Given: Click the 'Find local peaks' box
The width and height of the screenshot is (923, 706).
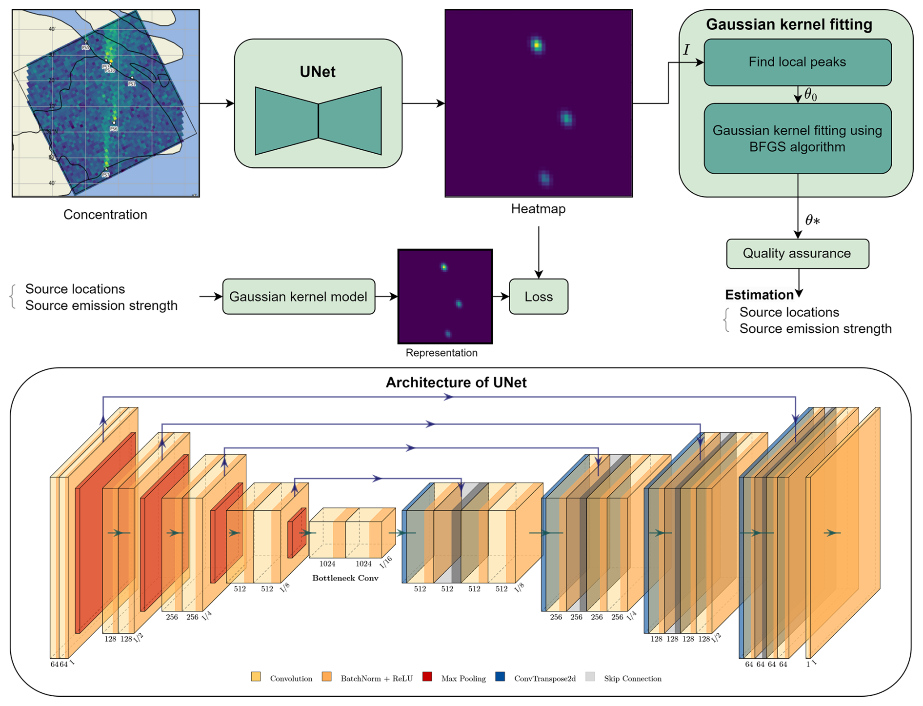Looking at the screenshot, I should pyautogui.click(x=797, y=62).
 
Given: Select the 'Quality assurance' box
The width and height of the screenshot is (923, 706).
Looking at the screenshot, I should pyautogui.click(x=797, y=254).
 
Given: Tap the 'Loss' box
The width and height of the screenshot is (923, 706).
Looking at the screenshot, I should pyautogui.click(x=539, y=297).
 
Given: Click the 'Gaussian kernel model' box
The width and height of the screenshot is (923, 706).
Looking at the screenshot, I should pyautogui.click(x=299, y=297).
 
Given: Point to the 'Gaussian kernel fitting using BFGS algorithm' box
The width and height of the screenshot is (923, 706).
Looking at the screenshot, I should pyautogui.click(x=797, y=139).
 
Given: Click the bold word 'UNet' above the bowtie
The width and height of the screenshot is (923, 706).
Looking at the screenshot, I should pyautogui.click(x=318, y=72).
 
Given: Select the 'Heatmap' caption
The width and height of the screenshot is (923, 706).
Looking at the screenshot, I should pyautogui.click(x=538, y=209).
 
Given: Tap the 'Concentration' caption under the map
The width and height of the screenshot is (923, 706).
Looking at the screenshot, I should pyautogui.click(x=105, y=215).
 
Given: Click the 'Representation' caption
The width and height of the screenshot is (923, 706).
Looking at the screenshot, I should pyautogui.click(x=441, y=353).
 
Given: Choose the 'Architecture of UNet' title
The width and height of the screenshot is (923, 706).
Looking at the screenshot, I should pyautogui.click(x=456, y=383).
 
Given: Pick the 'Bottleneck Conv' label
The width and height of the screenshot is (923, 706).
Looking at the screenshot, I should pyautogui.click(x=345, y=578).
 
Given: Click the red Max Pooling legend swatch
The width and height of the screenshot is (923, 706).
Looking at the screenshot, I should pyautogui.click(x=427, y=677).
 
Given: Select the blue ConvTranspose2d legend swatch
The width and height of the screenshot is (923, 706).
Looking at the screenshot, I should pyautogui.click(x=500, y=677).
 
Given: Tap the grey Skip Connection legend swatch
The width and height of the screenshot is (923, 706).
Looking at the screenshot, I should pyautogui.click(x=590, y=677).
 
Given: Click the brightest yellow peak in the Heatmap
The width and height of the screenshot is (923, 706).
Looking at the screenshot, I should pyautogui.click(x=537, y=45).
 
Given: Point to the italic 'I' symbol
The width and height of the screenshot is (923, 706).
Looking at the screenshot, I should pyautogui.click(x=686, y=50).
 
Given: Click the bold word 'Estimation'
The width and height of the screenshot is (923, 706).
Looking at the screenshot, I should pyautogui.click(x=759, y=295).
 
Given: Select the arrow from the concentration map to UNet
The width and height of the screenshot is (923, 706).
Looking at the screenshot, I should pyautogui.click(x=217, y=103).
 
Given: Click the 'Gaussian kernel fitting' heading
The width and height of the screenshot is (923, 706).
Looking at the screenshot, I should pyautogui.click(x=789, y=24).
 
